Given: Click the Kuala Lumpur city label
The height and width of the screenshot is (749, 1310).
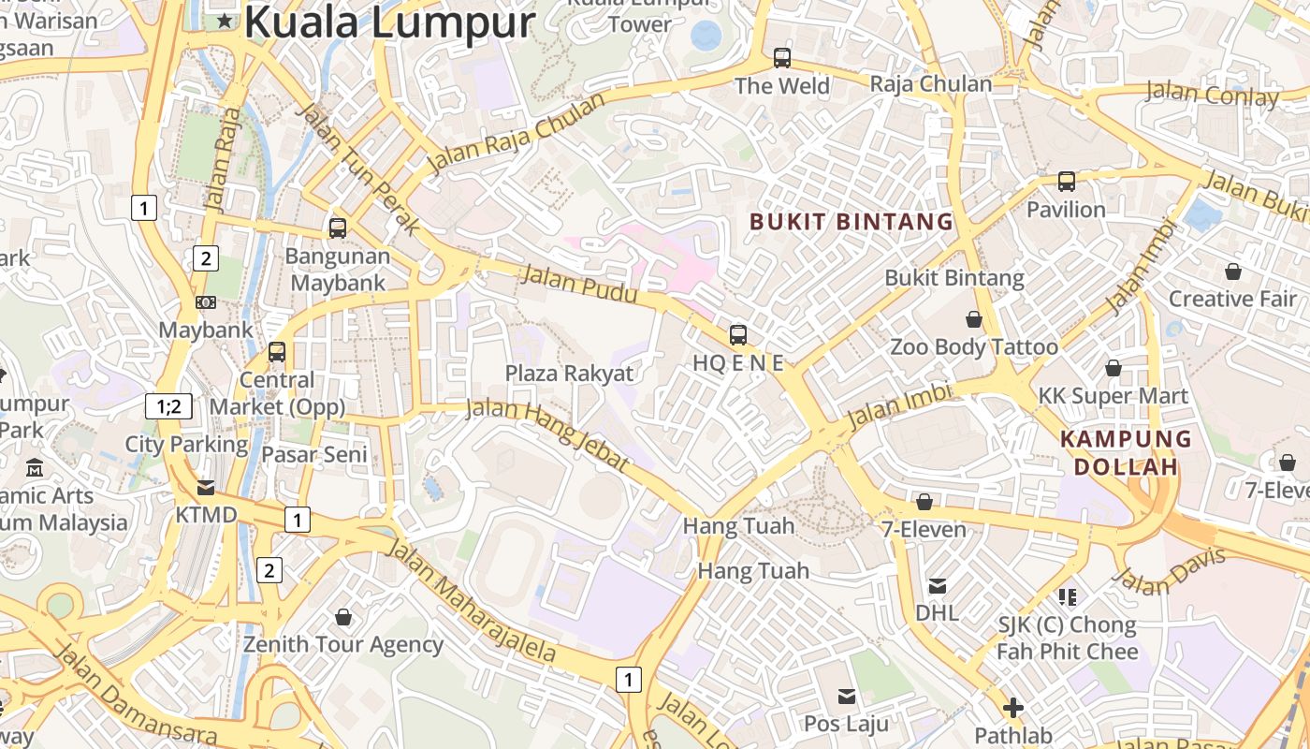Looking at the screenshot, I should pos(389,22).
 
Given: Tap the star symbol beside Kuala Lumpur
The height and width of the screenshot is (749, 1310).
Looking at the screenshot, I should pos(225,20).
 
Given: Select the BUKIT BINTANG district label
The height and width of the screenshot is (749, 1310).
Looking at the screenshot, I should pos(851,222).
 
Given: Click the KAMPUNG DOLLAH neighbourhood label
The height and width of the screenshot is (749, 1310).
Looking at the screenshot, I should pos(1126,452).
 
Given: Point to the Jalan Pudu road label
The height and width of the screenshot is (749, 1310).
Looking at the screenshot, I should pos(579,285).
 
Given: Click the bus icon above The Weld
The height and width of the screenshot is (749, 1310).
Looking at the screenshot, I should pos(782,58).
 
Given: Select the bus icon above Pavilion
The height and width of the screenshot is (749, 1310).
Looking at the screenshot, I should pos(1067,182).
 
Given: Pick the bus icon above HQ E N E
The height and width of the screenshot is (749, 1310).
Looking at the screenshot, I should pos(738,334).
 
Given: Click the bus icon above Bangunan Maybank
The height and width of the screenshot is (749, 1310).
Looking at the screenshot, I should pos(338,228).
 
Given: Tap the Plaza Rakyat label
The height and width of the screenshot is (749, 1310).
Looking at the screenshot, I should pos(569,374).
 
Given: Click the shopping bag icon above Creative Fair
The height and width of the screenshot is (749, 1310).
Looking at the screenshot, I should pos(1233,272).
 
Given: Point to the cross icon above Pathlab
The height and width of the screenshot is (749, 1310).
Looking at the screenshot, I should pos(1013,708).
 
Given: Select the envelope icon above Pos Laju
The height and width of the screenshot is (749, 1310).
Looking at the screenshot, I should pos(847,696).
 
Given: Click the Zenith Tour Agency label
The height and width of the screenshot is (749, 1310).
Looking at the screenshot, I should pos(343,644).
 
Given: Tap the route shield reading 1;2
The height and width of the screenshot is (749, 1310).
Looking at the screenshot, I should pos(169,406).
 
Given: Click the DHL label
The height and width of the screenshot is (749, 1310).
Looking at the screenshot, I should pos(937,612).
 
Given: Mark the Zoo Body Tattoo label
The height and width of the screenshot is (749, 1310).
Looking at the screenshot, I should pos(973,347).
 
